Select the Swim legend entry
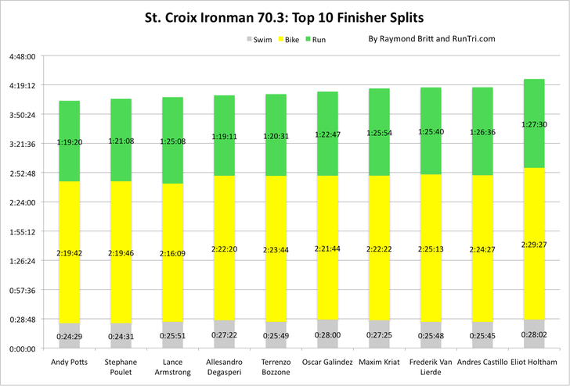click(x=259, y=39)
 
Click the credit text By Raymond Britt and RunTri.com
click(x=431, y=38)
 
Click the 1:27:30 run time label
click(x=534, y=124)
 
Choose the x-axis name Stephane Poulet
click(x=121, y=367)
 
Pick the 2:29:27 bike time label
click(x=534, y=244)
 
